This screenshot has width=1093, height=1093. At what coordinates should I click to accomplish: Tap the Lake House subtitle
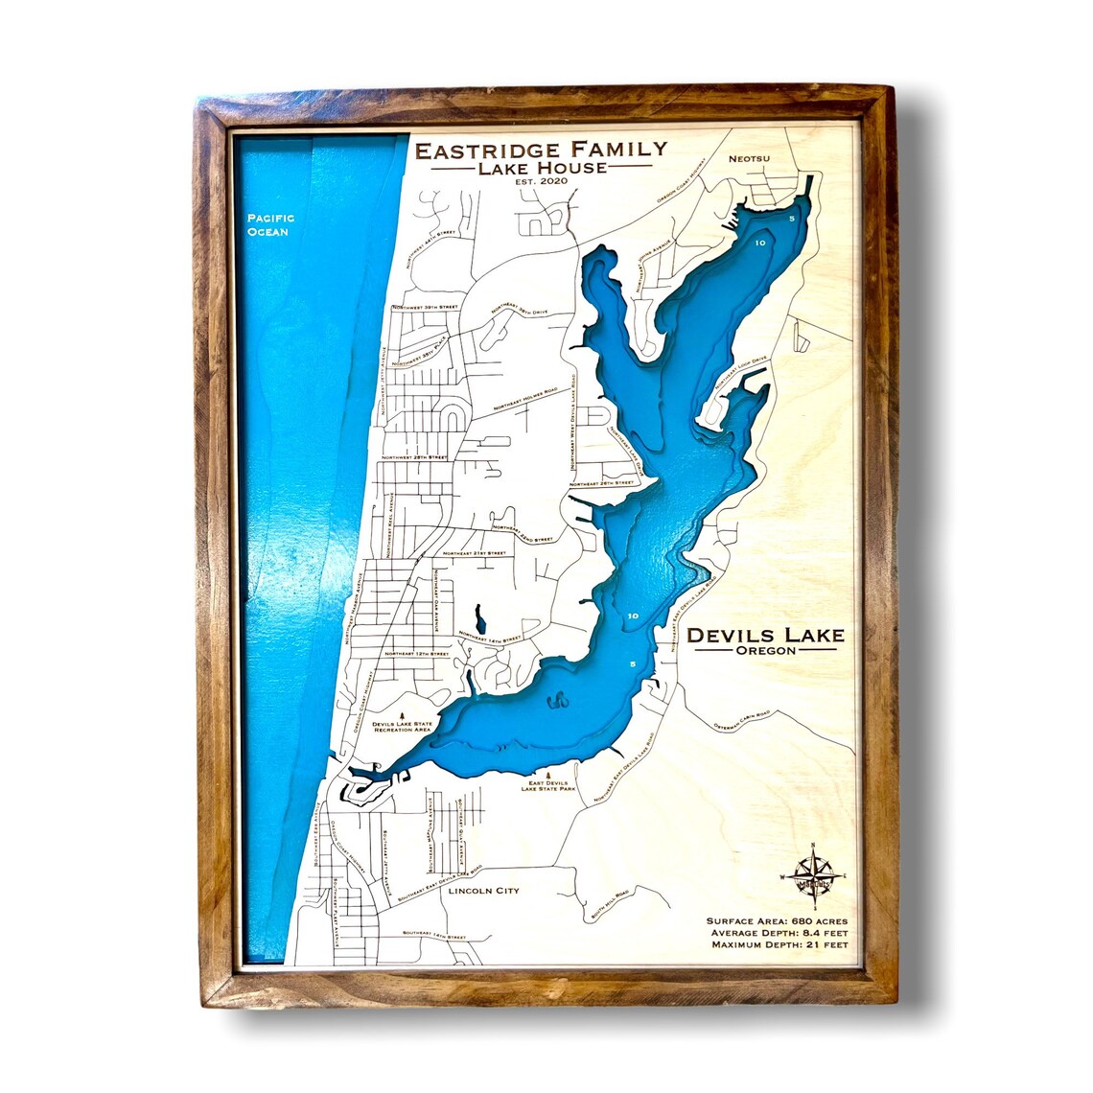pyautogui.click(x=539, y=168)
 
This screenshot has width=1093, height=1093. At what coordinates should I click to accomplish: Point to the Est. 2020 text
pyautogui.click(x=539, y=182)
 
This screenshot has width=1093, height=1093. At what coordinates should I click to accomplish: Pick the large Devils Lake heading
pyautogui.click(x=765, y=635)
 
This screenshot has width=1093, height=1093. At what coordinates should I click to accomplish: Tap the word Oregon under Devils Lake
pyautogui.click(x=765, y=651)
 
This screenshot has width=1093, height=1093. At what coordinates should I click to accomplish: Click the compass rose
pyautogui.click(x=814, y=875)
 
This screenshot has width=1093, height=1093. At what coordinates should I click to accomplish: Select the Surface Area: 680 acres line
pyautogui.click(x=777, y=920)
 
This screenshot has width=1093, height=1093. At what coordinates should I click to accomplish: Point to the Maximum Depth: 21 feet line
pyautogui.click(x=779, y=944)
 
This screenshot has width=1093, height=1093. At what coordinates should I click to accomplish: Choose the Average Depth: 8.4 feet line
pyautogui.click(x=779, y=933)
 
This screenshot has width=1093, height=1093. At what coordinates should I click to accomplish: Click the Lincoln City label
pyautogui.click(x=483, y=891)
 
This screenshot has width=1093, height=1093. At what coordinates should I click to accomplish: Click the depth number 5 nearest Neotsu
pyautogui.click(x=791, y=220)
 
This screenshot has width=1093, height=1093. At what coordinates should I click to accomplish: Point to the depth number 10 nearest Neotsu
pyautogui.click(x=759, y=244)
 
